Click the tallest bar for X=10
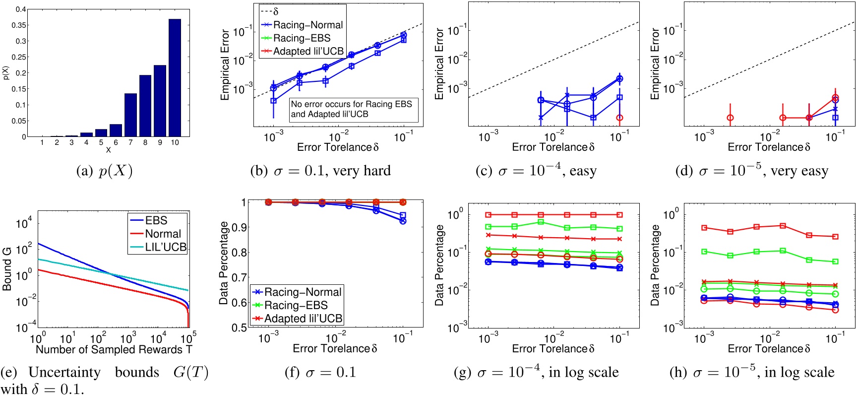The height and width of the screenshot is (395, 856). point(175,78)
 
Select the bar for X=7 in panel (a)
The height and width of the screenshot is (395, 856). point(130,115)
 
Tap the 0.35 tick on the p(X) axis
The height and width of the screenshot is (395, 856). point(20,25)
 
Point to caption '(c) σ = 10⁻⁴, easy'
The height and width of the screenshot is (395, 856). point(536,171)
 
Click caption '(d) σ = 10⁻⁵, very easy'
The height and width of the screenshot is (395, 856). point(752,171)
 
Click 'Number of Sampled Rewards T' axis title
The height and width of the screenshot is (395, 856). point(114,350)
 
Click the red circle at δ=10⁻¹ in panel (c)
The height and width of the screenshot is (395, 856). point(619,118)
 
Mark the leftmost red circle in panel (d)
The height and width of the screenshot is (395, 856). point(730,118)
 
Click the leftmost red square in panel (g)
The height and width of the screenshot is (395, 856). point(489,215)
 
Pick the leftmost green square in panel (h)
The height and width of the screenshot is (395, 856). point(704,252)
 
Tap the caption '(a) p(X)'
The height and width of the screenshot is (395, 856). point(104,171)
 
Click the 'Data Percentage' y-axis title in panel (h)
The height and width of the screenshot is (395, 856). point(655,265)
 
